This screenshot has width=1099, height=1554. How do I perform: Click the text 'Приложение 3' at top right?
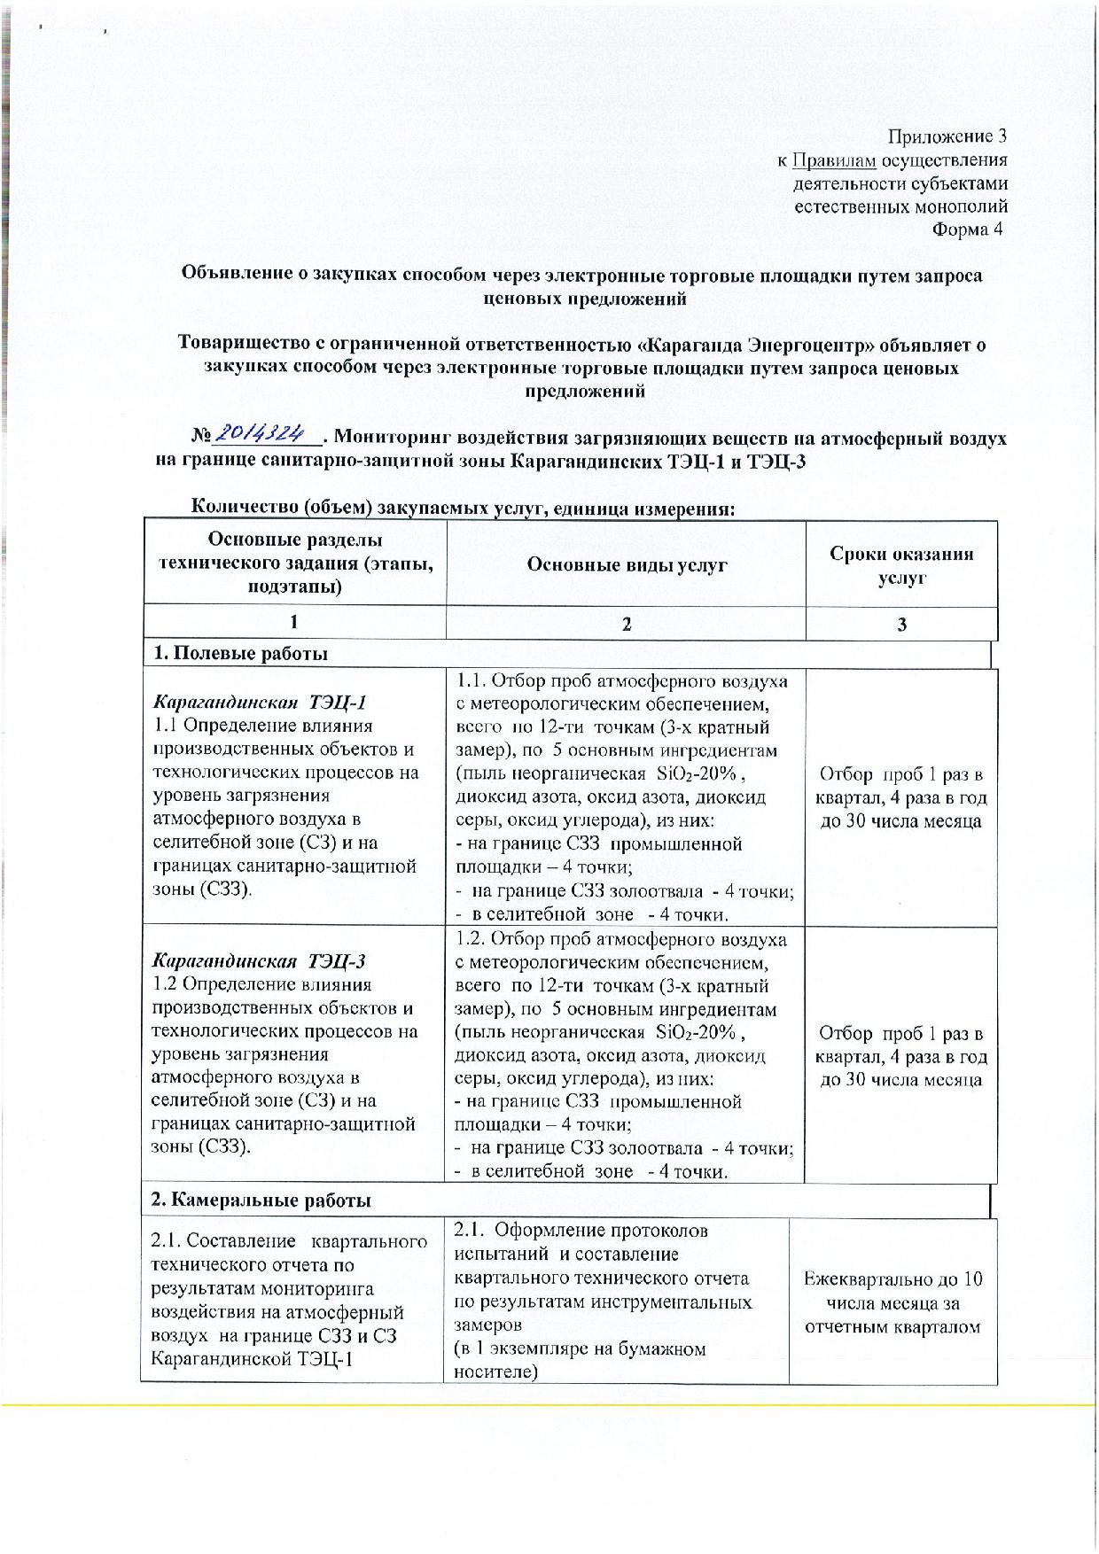tap(947, 136)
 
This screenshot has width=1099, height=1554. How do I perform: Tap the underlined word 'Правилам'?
tap(834, 160)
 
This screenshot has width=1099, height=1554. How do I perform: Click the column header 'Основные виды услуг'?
tap(626, 564)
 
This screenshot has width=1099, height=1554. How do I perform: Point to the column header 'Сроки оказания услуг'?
tap(901, 565)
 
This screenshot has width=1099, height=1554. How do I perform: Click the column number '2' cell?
tap(626, 624)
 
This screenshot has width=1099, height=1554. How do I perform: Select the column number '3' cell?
tap(901, 624)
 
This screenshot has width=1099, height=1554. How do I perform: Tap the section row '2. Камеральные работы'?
tap(261, 1200)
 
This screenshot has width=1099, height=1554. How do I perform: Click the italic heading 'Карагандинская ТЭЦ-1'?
tap(260, 703)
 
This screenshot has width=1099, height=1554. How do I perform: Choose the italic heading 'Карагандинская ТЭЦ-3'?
tap(260, 961)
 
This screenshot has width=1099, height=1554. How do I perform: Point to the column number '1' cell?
tap(294, 624)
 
